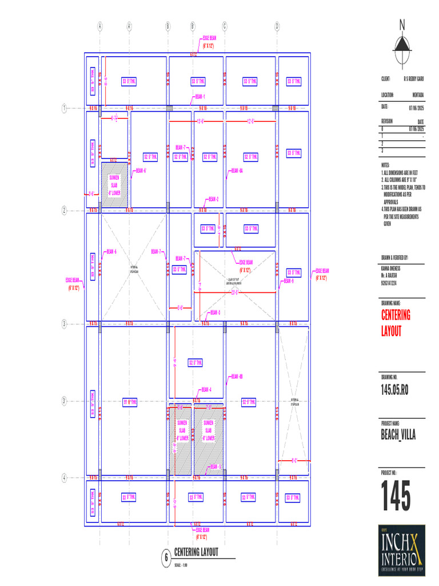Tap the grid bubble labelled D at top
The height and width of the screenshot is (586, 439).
pos(277,26)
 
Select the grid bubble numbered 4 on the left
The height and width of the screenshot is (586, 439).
pos(64,477)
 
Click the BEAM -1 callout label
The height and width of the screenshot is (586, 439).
pos(200,97)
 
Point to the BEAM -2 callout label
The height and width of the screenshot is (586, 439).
pos(213,199)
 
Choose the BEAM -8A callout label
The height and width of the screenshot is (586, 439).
pos(237,171)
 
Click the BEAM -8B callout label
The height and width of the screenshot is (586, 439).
pos(237,377)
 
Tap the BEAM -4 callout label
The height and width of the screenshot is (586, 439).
pos(206,389)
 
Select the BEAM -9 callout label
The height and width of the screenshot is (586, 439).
pos(289,281)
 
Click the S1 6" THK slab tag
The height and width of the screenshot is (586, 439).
pos(130,402)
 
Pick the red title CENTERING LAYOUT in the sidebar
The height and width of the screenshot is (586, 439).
pos(396,323)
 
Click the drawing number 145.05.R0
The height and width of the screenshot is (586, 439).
pos(394,390)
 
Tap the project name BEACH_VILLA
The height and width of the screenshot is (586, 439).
pos(398,435)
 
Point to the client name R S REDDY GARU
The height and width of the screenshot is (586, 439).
pos(413,78)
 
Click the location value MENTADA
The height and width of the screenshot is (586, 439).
pos(418,96)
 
